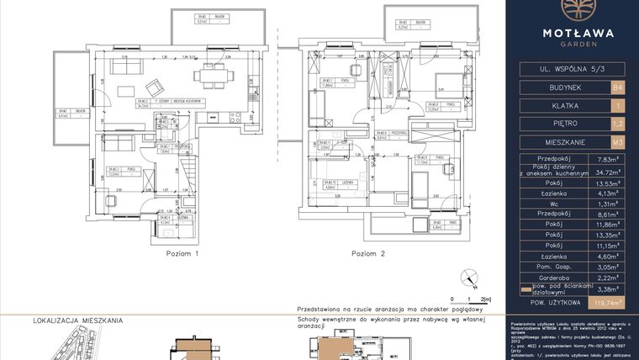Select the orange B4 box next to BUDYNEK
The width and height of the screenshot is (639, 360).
618,87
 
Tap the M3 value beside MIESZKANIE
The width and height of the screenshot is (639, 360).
618,142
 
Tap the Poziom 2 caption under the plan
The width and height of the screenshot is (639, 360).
367,252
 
